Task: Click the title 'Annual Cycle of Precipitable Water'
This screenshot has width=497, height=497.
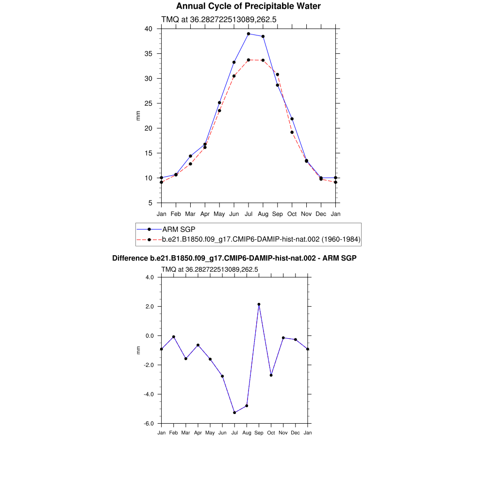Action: click(248, 6)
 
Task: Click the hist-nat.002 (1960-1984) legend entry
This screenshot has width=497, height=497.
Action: click(261, 239)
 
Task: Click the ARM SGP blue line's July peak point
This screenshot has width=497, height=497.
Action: click(248, 34)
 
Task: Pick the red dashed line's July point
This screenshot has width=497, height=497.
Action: click(248, 60)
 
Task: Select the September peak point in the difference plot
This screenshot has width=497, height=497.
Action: click(259, 304)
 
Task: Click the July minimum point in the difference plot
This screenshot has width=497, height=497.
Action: click(234, 413)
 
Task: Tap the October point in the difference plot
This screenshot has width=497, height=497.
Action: click(271, 375)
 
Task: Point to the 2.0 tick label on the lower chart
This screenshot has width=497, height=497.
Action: click(149, 307)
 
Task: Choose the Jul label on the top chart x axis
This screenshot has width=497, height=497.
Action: click(248, 214)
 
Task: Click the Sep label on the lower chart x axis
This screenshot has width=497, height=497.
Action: click(259, 432)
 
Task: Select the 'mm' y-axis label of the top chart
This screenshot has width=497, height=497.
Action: click(138, 116)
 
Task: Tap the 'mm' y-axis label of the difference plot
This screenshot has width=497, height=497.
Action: click(138, 350)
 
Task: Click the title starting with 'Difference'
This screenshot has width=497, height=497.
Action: click(234, 258)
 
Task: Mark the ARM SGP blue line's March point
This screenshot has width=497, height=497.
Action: click(190, 156)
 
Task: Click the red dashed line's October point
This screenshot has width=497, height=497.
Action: click(292, 132)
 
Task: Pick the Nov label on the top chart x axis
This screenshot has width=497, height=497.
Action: click(306, 214)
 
